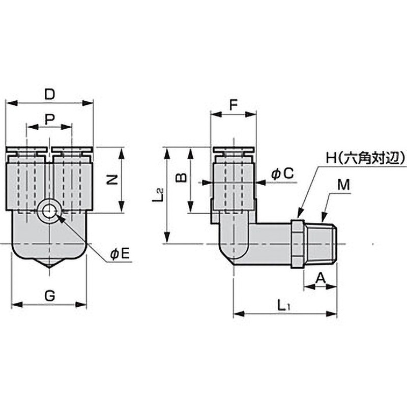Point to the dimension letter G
pyautogui.click(x=49, y=296)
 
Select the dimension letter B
pyautogui.click(x=180, y=178)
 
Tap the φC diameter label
pyautogui.click(x=282, y=174)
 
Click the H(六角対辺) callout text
pyautogui.click(x=365, y=158)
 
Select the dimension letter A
pyautogui.click(x=320, y=277)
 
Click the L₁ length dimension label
pyautogui.click(x=283, y=305)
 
